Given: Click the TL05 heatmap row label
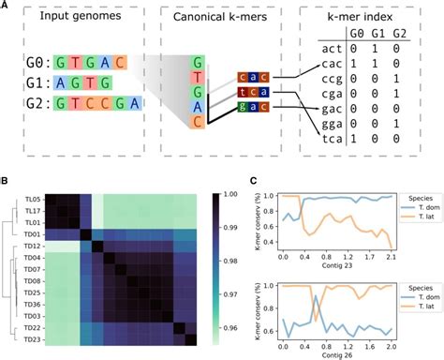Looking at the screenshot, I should pyautogui.click(x=33, y=201).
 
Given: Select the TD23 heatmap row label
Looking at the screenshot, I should pyautogui.click(x=33, y=341).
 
